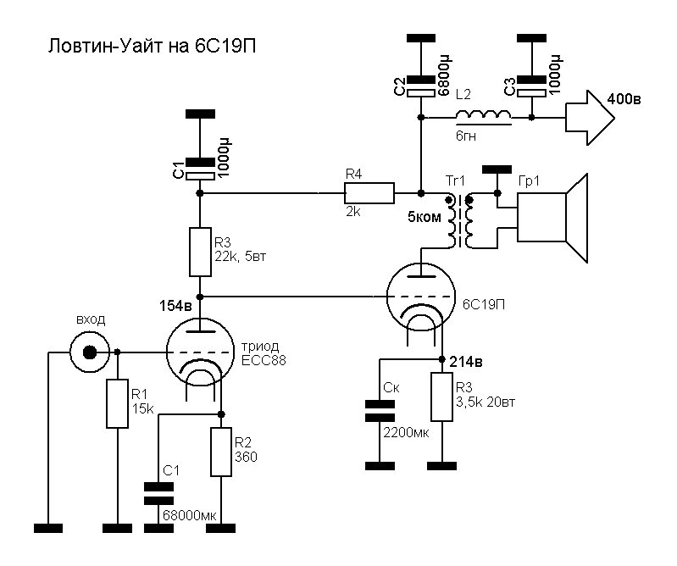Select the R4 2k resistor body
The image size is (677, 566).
[369, 193]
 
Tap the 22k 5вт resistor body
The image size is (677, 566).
[200, 252]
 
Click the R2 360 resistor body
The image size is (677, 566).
[220, 452]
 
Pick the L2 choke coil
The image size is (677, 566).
[483, 115]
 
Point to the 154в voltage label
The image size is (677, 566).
[176, 303]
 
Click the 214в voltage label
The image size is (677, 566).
[466, 363]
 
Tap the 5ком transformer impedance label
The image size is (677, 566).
[425, 217]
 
